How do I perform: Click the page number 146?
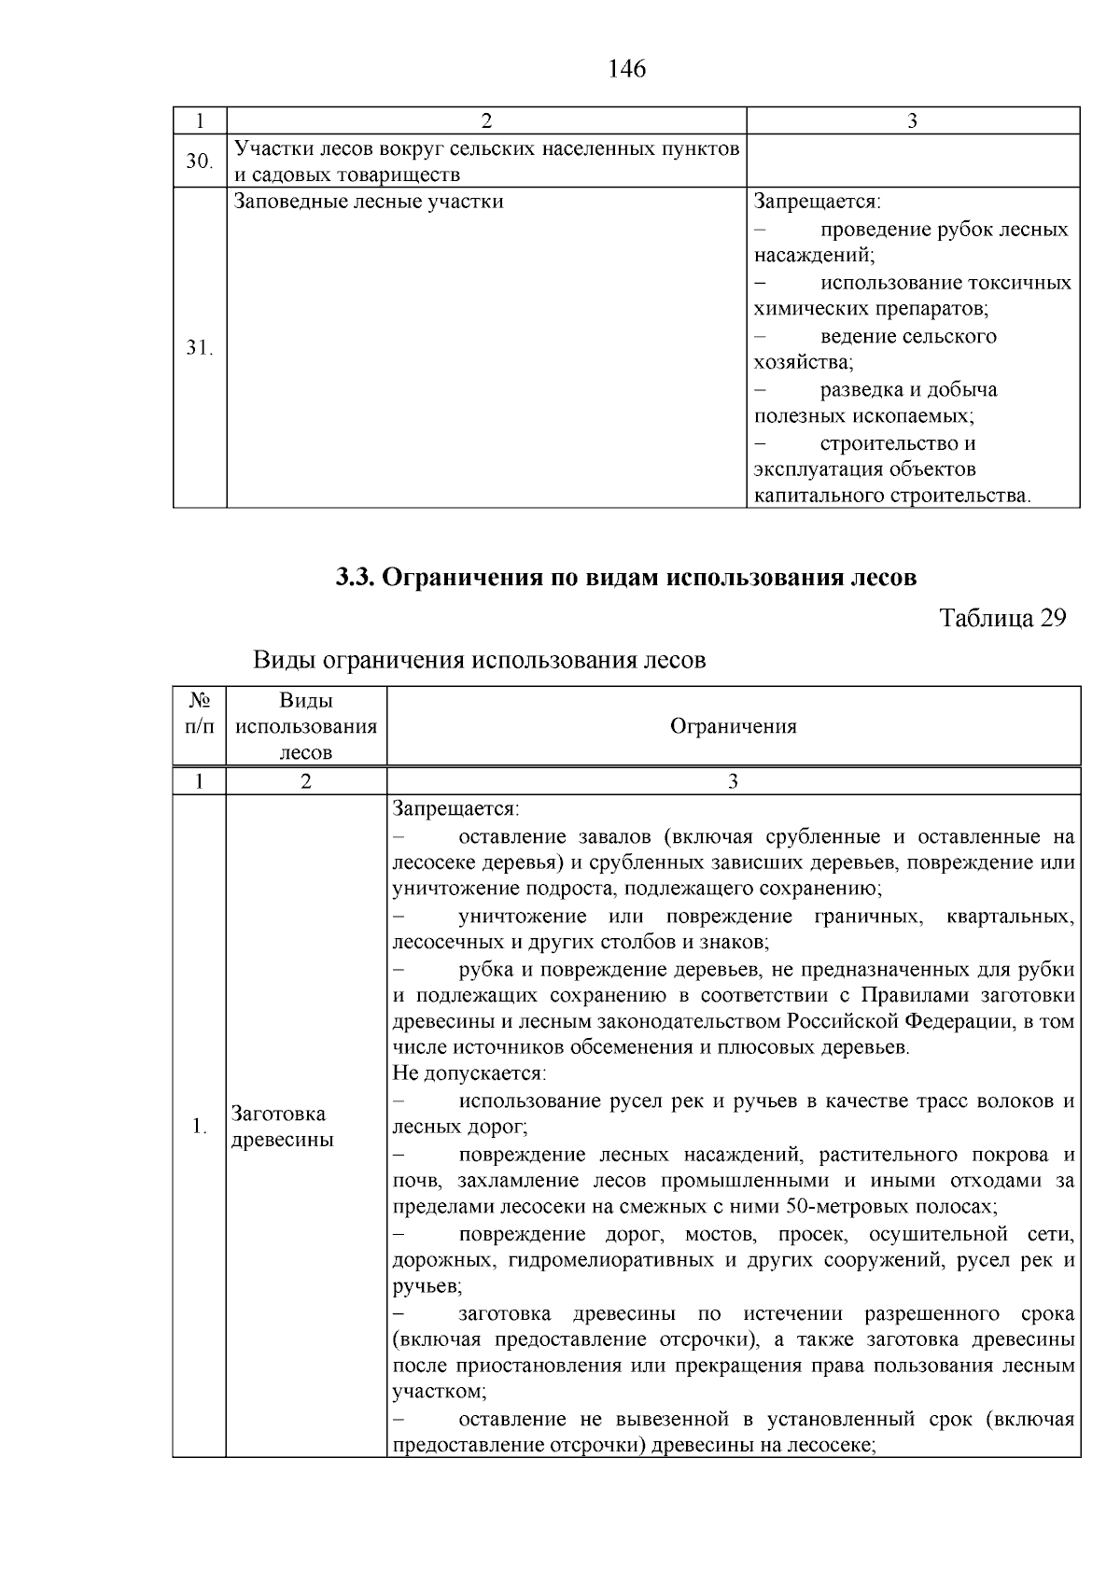626,69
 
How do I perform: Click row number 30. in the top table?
199,161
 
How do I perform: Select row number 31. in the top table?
199,348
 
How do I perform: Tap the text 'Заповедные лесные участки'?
369,202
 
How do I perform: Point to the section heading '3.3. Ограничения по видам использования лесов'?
626,578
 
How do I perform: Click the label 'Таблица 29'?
1001,619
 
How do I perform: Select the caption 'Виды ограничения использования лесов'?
480,661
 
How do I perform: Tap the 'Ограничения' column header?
734,727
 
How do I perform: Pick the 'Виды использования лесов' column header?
306,727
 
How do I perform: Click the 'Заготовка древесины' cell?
279,1127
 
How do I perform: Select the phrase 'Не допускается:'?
469,1073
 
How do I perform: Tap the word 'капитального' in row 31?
819,496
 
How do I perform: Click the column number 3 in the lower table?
734,782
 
